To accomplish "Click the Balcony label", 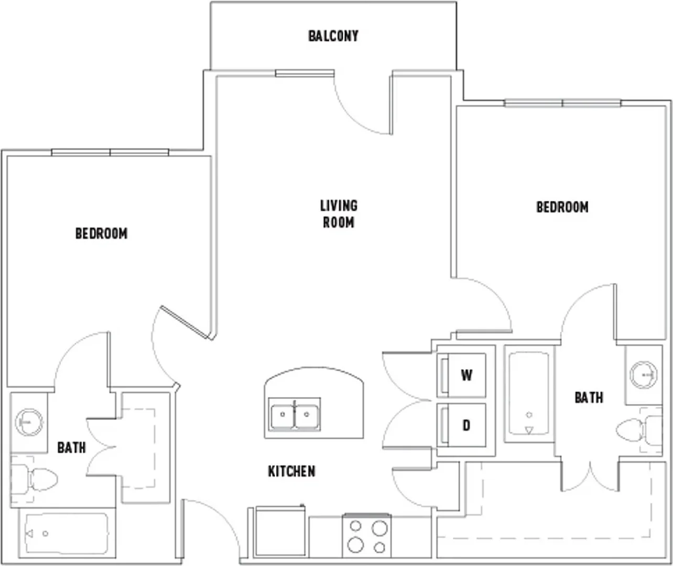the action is (x=333, y=36).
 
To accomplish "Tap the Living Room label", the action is (x=339, y=214).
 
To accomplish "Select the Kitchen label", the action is (x=292, y=471).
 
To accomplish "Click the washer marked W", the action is (x=461, y=375).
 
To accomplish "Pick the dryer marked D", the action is (x=461, y=425).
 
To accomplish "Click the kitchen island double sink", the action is (x=295, y=414).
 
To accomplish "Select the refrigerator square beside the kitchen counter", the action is (x=279, y=532).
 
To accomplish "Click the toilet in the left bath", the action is (x=34, y=479).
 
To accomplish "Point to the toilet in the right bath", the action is (x=639, y=430).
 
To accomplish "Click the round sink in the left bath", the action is (x=29, y=422).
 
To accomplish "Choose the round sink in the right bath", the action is (x=643, y=375).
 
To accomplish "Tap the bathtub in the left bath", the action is (x=67, y=534).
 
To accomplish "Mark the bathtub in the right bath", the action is (x=529, y=394).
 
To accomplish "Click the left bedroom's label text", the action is (x=102, y=234).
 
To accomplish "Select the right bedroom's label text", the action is (x=562, y=207).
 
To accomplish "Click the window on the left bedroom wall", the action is (x=110, y=152).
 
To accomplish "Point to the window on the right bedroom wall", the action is (x=563, y=103).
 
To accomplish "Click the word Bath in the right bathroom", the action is (x=589, y=398).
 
